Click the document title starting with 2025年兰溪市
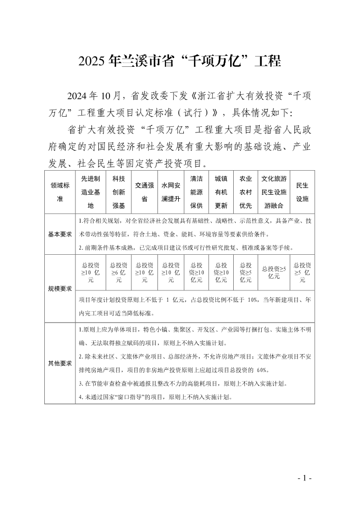pyautogui.click(x=180, y=62)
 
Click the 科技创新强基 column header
pyautogui.click(x=119, y=192)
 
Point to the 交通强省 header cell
pyautogui.click(x=144, y=192)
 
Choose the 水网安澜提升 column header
pyautogui.click(x=171, y=192)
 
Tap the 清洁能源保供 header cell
pyautogui.click(x=196, y=192)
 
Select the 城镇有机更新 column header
pyautogui.click(x=221, y=192)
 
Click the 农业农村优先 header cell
pyautogui.click(x=245, y=192)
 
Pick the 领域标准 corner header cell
pyautogui.click(x=60, y=192)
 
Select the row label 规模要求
pyautogui.click(x=60, y=288)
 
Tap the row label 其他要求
pyautogui.click(x=60, y=363)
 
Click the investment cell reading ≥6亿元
pyautogui.click(x=119, y=273)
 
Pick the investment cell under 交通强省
pyautogui.click(x=144, y=273)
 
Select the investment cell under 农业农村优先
pyautogui.click(x=245, y=273)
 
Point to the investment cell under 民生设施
pyautogui.click(x=302, y=273)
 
